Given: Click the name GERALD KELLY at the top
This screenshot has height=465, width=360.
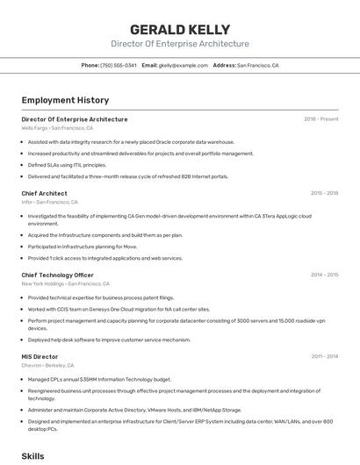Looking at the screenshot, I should point(179,29).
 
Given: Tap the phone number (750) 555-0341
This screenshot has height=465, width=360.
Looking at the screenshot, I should point(118,66).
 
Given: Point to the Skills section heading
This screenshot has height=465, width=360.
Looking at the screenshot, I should point(32,456).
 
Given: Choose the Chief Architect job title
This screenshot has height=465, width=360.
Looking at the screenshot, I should point(44,193).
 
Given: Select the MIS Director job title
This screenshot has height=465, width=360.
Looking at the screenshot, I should point(40,357).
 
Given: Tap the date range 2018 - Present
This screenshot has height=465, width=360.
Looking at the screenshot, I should point(320,119).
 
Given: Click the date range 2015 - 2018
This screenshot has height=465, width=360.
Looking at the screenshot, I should point(324,193).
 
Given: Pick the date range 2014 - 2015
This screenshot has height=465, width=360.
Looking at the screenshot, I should point(324,275).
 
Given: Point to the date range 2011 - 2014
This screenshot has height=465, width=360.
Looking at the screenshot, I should point(324,357).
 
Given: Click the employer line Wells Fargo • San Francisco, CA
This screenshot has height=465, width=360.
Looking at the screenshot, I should point(57,128).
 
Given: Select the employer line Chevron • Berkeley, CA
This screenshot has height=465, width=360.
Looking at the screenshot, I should point(47,366).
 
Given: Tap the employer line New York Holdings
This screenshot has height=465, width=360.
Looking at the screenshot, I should point(65,283).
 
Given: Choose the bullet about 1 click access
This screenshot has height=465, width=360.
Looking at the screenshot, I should point(104,258).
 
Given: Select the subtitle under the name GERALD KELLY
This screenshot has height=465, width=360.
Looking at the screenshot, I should point(179,44).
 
